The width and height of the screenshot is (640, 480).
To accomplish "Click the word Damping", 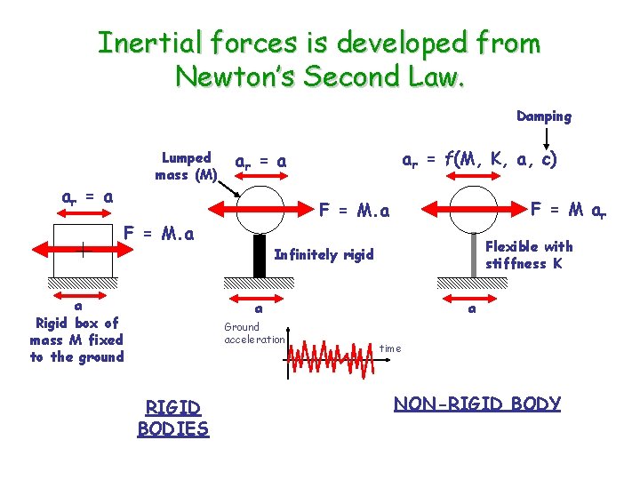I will click(x=544, y=116).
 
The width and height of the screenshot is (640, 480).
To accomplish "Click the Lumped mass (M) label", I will click(x=186, y=166).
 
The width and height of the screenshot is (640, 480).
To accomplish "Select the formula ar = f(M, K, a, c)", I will click(x=479, y=162).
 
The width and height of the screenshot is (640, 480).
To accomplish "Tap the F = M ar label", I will click(x=569, y=210).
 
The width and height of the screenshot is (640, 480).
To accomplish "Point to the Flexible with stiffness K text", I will click(x=529, y=255).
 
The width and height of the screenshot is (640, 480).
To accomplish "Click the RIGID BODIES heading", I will click(x=172, y=418).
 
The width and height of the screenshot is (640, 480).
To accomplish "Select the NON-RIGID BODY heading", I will click(x=477, y=404).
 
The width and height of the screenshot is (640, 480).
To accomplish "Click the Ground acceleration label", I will click(x=254, y=333).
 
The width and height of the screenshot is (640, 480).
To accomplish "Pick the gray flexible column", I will click(x=472, y=255).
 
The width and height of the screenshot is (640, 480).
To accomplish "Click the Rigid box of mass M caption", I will click(x=76, y=339).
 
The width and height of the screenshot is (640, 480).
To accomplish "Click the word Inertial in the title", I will click(x=150, y=42).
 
